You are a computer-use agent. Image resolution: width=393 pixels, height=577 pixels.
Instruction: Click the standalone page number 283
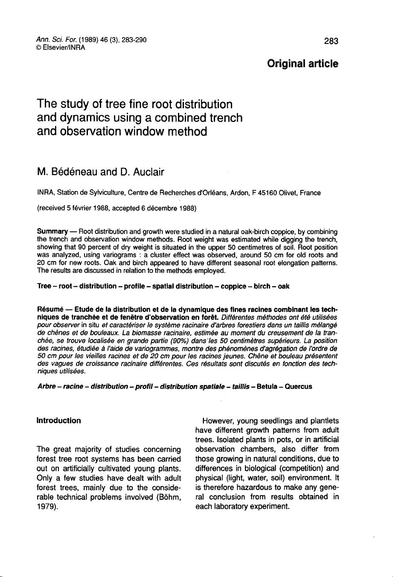(331, 41)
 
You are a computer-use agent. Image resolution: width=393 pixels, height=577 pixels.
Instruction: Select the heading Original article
(303, 64)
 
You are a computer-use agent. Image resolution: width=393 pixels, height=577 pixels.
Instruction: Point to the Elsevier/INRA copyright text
(61, 48)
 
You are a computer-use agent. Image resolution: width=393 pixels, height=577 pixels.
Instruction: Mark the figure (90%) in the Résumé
(178, 341)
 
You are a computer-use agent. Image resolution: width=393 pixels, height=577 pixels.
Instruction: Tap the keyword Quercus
(298, 387)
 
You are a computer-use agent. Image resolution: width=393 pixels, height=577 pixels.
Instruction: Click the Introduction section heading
(59, 421)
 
